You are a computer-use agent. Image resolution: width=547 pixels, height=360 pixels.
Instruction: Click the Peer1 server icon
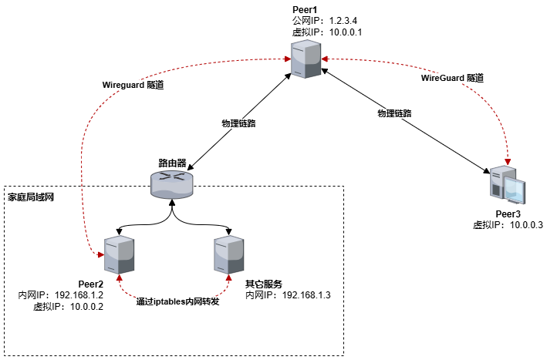pyautogui.click(x=306, y=59)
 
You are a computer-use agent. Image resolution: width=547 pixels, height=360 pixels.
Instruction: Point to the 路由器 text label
pyautogui.click(x=172, y=163)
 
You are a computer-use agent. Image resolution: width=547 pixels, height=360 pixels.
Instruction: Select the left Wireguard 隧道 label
pyautogui.click(x=133, y=85)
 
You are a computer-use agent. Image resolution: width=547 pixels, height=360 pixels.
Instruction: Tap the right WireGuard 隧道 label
pyautogui.click(x=451, y=78)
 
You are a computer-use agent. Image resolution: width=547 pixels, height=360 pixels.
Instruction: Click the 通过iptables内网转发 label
pyautogui.click(x=177, y=301)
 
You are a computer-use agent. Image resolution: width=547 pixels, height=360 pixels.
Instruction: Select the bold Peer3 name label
pyautogui.click(x=508, y=214)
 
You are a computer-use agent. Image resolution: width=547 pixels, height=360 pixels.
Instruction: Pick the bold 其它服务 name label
pyautogui.click(x=260, y=284)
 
